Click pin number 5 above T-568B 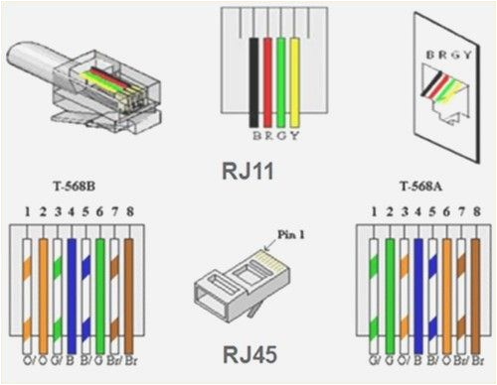click(x=87, y=211)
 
